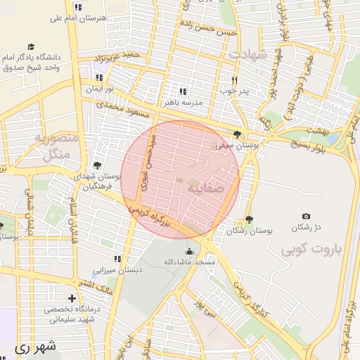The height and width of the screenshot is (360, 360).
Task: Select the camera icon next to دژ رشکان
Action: point(305,217)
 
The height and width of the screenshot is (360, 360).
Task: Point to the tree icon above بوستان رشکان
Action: point(249,219)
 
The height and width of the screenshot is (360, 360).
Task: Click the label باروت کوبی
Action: point(309,250)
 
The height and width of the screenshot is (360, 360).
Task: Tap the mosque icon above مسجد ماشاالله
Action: point(188,251)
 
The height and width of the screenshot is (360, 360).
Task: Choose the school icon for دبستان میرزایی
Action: point(118,259)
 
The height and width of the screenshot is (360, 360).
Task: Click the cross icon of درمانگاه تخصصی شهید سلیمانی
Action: point(72,298)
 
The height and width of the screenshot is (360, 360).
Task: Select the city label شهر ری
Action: point(33,347)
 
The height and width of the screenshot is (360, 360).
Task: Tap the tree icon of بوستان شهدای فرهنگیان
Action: point(97,165)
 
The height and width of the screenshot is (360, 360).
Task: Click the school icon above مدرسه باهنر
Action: point(183,91)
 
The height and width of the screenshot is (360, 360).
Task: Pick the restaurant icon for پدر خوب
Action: point(235,80)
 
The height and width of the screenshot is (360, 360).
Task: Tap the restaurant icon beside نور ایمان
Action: point(98,77)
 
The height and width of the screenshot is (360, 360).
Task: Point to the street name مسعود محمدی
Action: point(123,108)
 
